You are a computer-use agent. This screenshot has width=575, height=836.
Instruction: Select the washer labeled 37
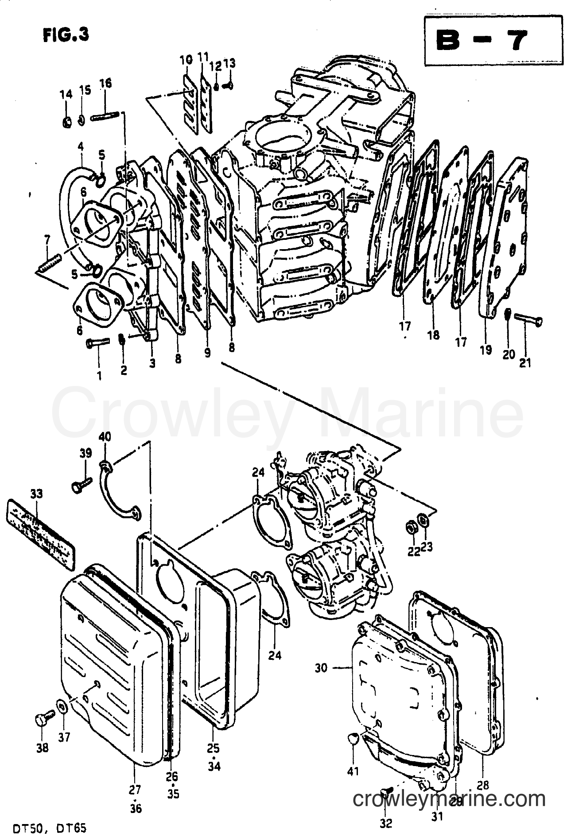pos(62,706)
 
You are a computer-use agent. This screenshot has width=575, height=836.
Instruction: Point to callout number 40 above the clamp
pos(105,438)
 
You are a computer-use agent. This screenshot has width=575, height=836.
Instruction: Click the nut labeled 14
pos(66,121)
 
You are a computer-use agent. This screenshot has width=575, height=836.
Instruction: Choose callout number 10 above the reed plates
pos(186,59)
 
